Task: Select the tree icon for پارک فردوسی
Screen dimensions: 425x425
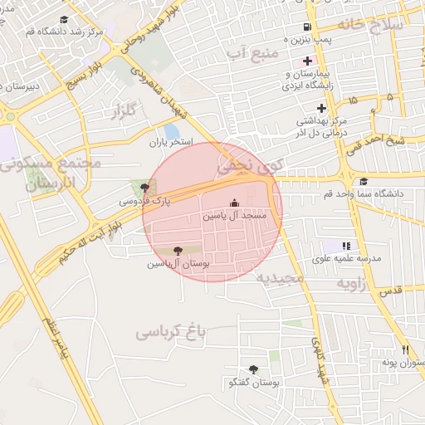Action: pos(146,188)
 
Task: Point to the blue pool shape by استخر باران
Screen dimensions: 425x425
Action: pos(172,131)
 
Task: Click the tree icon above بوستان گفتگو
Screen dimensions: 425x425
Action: pos(253,369)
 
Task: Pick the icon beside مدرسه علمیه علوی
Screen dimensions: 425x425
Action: pos(346,246)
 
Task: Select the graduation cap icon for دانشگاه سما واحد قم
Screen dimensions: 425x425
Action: pos(363,182)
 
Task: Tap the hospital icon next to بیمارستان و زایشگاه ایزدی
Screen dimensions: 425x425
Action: pos(307,61)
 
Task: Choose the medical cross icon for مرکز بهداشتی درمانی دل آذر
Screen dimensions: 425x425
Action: pos(321,108)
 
